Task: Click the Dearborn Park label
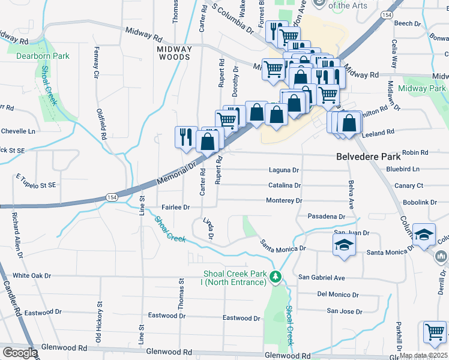tap(43, 56)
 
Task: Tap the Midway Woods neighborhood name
tap(174, 53)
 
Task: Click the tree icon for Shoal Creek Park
tap(276, 277)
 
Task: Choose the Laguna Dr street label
tap(283, 170)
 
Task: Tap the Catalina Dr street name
tap(285, 185)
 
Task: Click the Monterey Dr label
tap(284, 200)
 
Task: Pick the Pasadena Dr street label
tap(326, 216)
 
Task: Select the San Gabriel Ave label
tap(322, 278)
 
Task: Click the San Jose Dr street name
tap(344, 311)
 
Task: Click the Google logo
tap(20, 352)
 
